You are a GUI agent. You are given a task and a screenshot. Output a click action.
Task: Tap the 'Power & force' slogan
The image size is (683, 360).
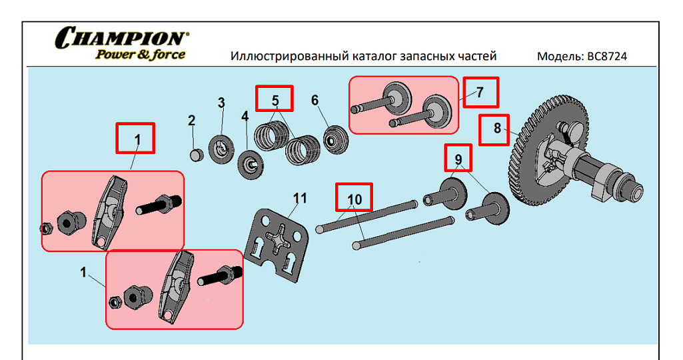click(140, 55)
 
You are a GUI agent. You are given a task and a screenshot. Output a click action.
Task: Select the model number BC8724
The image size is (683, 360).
click(607, 57)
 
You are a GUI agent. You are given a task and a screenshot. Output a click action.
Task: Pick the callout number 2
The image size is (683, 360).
click(192, 121)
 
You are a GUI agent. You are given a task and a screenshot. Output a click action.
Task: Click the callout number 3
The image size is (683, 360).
click(221, 103)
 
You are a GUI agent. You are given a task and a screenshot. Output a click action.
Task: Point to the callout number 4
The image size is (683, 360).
click(245, 116)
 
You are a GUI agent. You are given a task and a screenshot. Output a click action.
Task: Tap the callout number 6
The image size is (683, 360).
click(315, 100)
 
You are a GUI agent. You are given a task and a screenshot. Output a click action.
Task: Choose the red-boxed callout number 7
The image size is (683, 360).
click(481, 91)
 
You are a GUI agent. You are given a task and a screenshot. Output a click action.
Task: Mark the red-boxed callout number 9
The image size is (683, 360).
click(458, 159)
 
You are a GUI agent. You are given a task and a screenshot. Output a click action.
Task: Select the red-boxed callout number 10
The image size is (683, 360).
click(354, 199)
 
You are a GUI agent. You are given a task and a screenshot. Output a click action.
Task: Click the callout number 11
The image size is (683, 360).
click(301, 198)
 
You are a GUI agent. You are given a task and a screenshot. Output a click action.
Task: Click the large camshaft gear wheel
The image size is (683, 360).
click(533, 153)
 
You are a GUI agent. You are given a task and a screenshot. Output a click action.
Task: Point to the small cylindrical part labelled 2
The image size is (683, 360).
click(196, 155)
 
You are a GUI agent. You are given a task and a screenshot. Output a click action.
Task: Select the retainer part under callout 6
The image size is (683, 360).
click(333, 141)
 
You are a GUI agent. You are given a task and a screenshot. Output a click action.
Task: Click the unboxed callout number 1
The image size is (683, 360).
click(83, 272)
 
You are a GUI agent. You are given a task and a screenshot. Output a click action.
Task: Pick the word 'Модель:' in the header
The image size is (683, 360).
click(560, 57)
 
